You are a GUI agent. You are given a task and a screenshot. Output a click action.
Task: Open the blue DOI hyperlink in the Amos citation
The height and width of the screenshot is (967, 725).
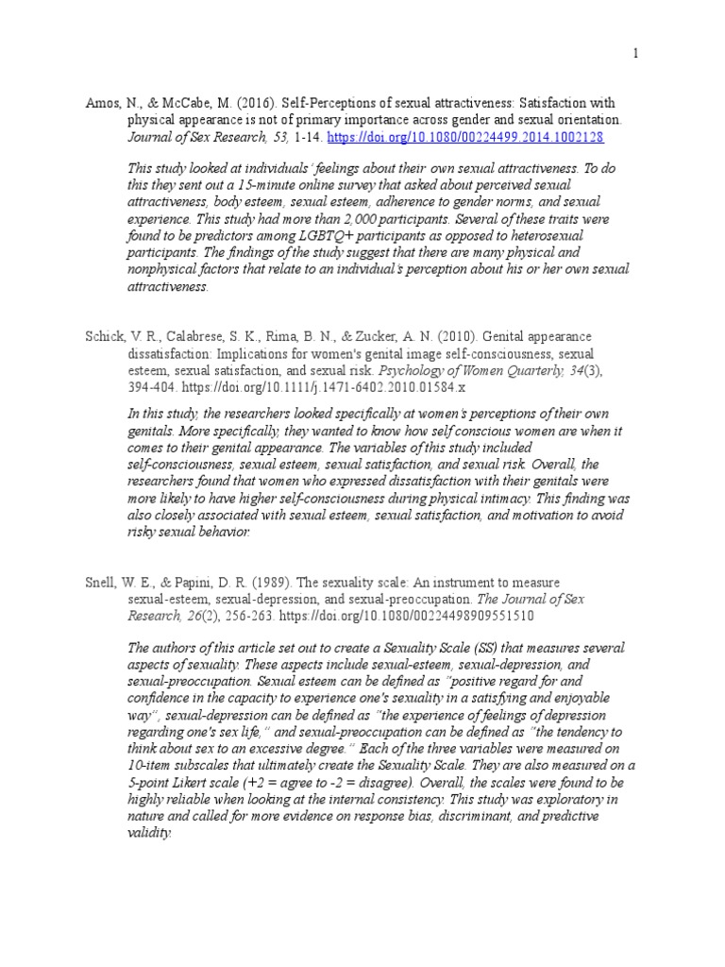[465, 137]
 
